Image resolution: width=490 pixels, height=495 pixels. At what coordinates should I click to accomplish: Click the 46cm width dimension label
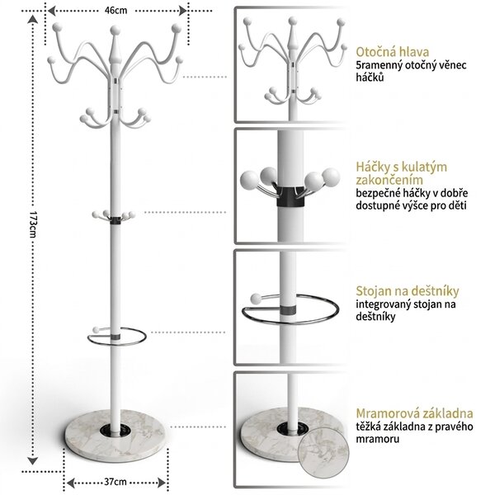click(115, 11)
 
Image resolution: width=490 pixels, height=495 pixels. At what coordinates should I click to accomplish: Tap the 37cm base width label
click(115, 482)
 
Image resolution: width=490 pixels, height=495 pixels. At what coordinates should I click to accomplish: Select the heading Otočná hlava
click(393, 52)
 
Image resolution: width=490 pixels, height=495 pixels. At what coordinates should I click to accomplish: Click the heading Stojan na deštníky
click(408, 290)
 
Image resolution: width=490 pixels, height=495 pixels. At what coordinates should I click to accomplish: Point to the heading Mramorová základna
click(415, 413)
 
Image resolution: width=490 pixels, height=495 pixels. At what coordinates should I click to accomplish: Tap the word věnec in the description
click(451, 65)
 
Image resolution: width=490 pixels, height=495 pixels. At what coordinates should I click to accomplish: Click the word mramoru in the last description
click(378, 439)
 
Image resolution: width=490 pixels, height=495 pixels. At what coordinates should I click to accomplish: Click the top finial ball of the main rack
click(115, 31)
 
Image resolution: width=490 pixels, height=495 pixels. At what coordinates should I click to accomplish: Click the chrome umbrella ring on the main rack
click(117, 343)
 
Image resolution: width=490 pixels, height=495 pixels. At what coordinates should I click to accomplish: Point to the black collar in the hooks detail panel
click(290, 196)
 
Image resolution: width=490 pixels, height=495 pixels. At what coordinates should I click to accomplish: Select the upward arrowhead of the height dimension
click(32, 20)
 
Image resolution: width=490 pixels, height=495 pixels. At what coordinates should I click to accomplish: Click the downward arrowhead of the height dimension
click(32, 461)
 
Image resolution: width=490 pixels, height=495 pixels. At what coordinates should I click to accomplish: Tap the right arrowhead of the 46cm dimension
click(183, 11)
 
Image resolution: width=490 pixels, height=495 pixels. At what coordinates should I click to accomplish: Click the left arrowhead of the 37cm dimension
click(71, 483)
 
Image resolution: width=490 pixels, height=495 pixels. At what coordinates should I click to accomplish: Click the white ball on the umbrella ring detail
click(256, 299)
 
